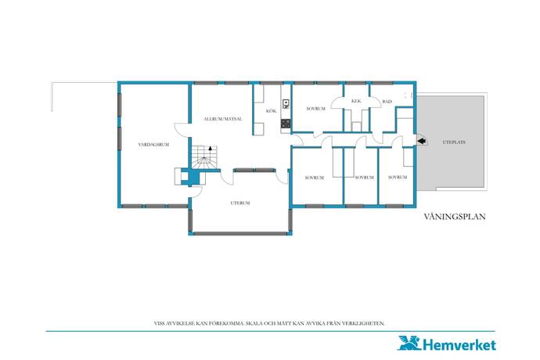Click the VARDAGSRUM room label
point(153,145)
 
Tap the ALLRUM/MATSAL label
point(223,119)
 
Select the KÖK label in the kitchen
point(272,111)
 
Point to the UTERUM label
point(240,203)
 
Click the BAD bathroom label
point(387,102)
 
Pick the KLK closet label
point(356,101)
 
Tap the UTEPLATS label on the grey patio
point(454,142)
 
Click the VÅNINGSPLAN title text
point(455,216)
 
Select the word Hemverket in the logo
point(459,345)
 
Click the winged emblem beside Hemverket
point(409,343)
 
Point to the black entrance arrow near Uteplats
point(422,141)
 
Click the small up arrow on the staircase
point(210,149)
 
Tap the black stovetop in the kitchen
point(286,124)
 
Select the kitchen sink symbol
point(286,104)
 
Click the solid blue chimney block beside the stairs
point(193,177)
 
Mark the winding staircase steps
point(205,157)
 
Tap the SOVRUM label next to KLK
point(316,109)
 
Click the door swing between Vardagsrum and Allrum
point(181,131)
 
